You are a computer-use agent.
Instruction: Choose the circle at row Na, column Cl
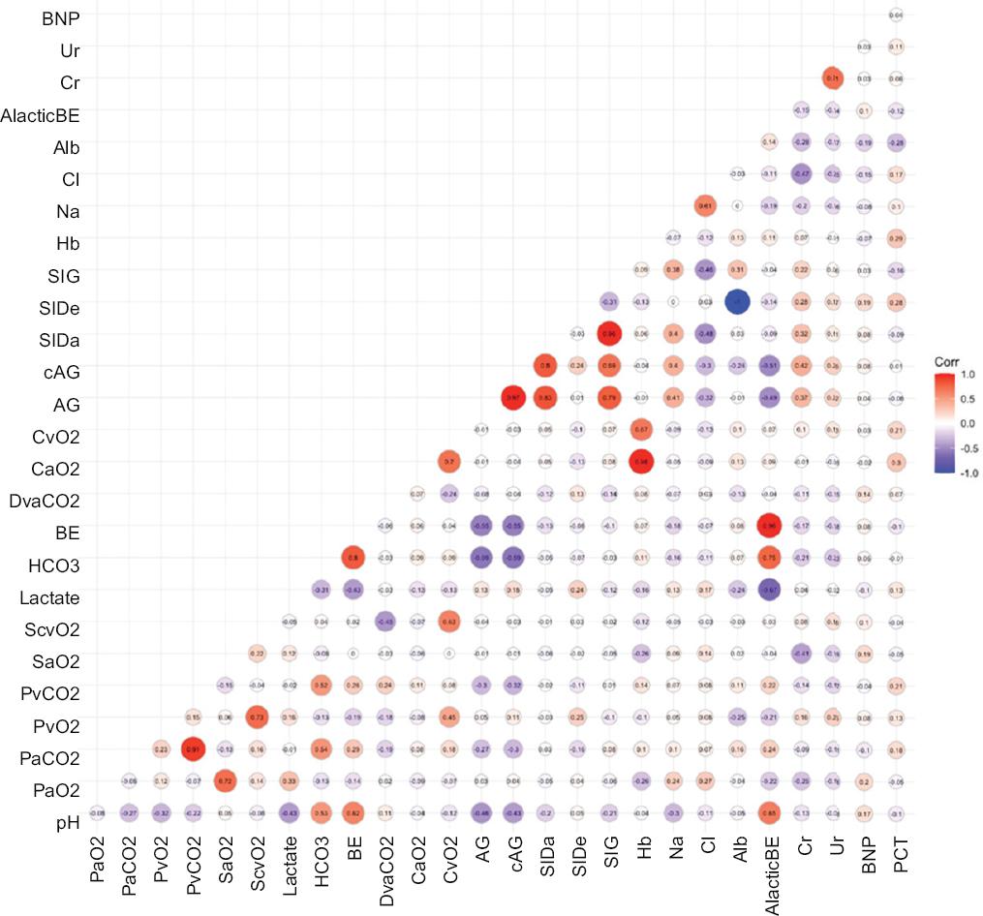(x=704, y=205)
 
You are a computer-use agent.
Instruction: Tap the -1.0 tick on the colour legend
(x=968, y=474)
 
